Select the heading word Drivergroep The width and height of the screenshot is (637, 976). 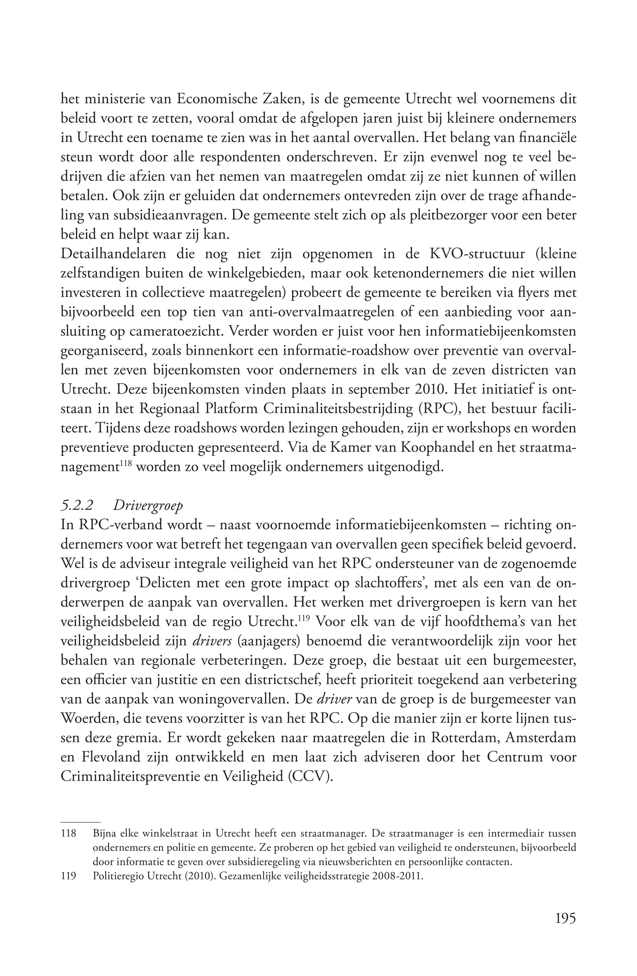point(148,506)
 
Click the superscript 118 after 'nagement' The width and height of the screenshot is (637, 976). point(125,463)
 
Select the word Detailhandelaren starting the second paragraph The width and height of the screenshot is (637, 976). point(113,254)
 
